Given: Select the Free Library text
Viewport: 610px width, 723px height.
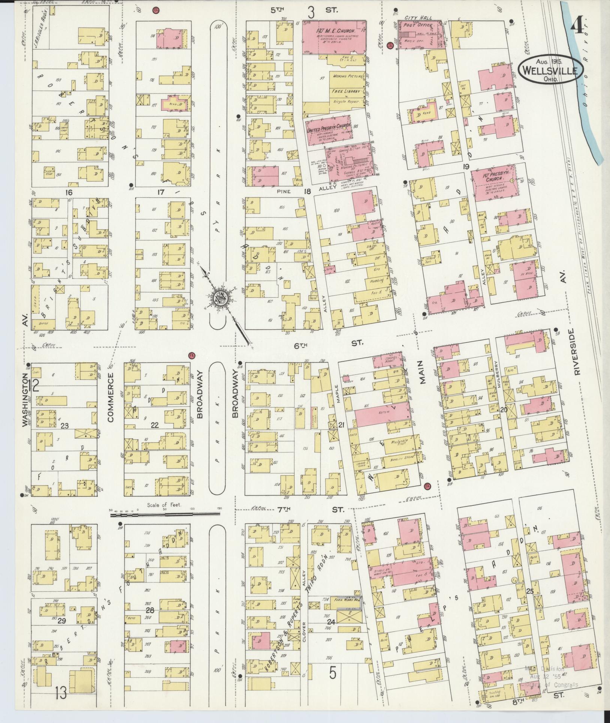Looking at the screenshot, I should [x=345, y=91].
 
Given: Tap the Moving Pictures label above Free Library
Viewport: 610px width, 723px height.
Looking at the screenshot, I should [x=348, y=76].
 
